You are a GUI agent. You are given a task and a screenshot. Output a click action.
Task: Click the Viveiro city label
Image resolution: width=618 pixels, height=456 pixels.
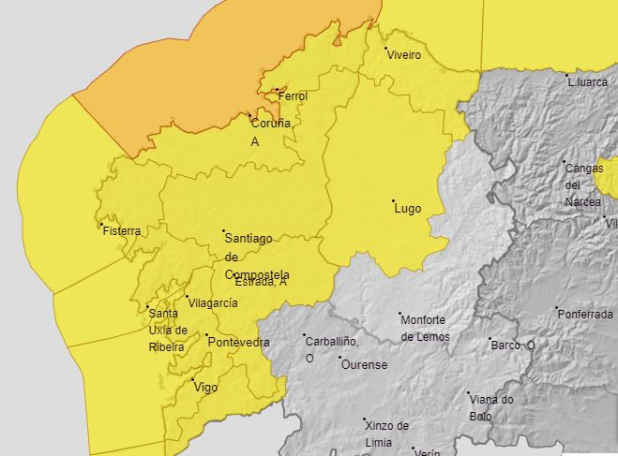(x=404, y=55)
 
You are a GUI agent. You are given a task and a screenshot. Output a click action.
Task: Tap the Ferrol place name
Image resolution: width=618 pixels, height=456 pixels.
(x=293, y=96)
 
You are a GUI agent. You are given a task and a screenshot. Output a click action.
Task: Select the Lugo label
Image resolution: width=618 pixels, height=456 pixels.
(x=408, y=209)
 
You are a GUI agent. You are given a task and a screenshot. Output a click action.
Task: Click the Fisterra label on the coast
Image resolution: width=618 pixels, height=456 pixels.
(x=122, y=231)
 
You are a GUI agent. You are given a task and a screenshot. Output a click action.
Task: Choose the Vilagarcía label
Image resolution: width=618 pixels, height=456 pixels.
(x=213, y=303)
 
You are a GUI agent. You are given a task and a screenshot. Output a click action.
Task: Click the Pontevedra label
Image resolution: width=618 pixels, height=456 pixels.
(x=238, y=343)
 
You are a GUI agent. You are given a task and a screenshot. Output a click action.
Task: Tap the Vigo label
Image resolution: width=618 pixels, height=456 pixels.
(x=206, y=387)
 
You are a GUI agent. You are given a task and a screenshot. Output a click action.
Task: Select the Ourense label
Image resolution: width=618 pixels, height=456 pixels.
(x=364, y=365)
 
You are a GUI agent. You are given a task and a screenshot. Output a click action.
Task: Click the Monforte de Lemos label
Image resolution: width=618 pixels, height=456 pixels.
(x=424, y=329)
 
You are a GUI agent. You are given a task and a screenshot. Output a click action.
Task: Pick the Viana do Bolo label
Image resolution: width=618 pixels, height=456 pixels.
(x=491, y=407)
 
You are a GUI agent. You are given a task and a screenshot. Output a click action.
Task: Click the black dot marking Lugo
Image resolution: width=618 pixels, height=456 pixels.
(x=394, y=200)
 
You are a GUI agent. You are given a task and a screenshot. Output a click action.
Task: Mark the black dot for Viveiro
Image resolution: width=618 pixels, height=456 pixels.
(x=386, y=48)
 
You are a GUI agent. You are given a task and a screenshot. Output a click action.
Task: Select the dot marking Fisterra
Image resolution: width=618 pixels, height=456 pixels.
(x=101, y=224)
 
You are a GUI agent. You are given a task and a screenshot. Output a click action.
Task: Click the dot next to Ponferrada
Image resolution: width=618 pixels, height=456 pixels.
(x=556, y=308)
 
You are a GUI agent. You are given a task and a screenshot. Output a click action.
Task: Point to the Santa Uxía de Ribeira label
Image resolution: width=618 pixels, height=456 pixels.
(x=168, y=330)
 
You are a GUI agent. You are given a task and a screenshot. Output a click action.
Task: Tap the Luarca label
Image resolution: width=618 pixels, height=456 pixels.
(x=590, y=82)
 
